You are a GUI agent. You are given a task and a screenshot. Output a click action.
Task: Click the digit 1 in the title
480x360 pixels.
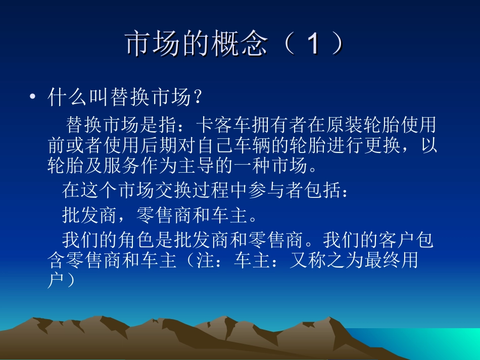tap(313, 44)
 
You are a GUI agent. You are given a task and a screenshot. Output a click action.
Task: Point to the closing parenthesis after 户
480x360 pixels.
tap(71, 282)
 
